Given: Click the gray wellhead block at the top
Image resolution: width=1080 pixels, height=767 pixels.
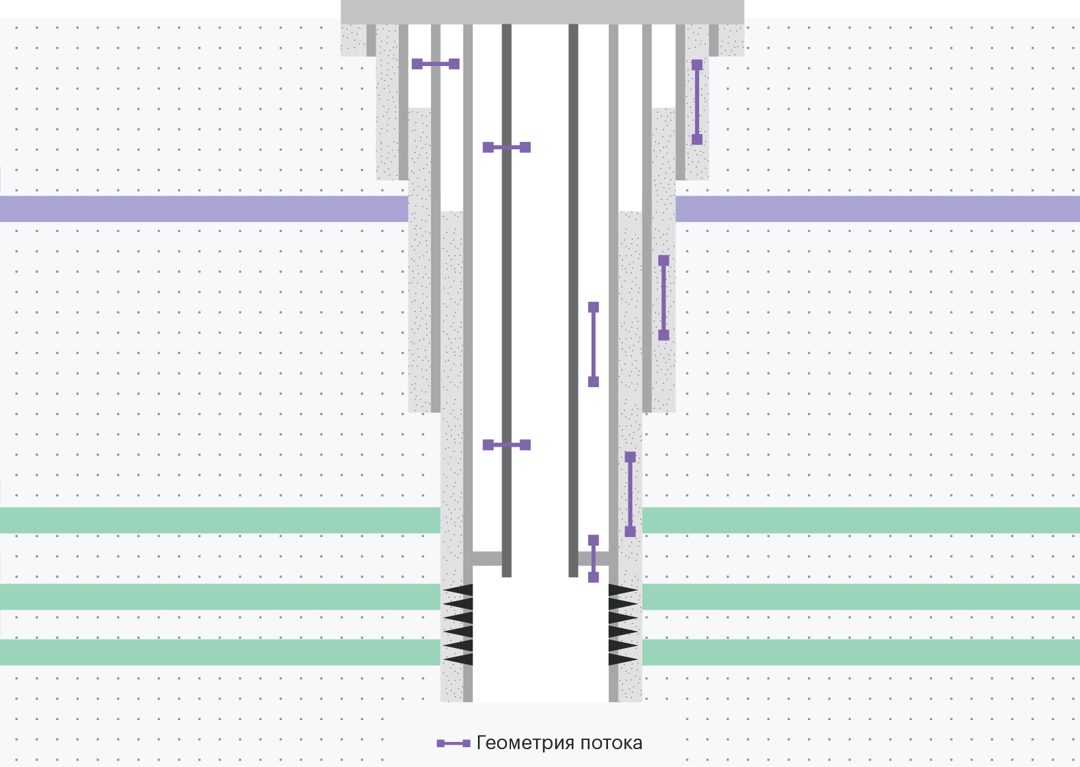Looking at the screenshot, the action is (x=543, y=12).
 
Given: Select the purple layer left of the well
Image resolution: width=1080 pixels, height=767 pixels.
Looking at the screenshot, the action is (x=204, y=209).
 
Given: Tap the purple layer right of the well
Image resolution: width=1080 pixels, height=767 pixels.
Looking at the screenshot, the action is (x=877, y=209).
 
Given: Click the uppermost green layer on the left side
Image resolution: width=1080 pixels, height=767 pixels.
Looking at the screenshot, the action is (x=220, y=520).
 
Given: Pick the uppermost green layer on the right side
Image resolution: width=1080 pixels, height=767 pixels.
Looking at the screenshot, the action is (x=861, y=520).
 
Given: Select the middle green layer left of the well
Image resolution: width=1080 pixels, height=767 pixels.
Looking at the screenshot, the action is (x=220, y=597).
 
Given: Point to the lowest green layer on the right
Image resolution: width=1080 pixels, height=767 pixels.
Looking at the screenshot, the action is (x=861, y=652).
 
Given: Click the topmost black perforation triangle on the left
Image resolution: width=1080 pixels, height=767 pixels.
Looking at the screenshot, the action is (x=458, y=590).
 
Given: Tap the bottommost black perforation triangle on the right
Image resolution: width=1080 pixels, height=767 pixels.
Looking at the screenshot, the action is (x=623, y=659).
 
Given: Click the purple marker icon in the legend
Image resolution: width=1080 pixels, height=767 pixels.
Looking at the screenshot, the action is (x=454, y=743).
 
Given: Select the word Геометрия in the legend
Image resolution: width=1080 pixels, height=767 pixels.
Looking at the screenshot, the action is (x=525, y=743).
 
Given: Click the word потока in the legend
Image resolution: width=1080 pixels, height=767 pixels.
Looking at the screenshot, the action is (x=611, y=743).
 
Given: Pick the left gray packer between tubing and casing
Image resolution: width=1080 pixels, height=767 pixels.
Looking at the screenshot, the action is (x=487, y=559).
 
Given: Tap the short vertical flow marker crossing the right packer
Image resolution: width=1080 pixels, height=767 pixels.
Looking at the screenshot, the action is (x=593, y=559).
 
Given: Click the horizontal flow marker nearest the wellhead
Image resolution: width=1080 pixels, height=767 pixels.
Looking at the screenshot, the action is (x=436, y=63).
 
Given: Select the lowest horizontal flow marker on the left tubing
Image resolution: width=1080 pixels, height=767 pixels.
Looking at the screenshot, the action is (x=507, y=445).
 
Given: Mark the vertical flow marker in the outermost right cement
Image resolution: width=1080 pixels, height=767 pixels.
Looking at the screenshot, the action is (x=697, y=102).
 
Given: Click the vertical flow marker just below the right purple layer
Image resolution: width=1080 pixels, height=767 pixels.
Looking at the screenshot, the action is (x=664, y=298).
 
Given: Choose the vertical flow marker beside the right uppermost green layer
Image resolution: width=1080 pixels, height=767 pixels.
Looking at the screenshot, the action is (x=630, y=494).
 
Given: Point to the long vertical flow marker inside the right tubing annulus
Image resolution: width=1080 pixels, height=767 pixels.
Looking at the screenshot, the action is (x=593, y=344).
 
